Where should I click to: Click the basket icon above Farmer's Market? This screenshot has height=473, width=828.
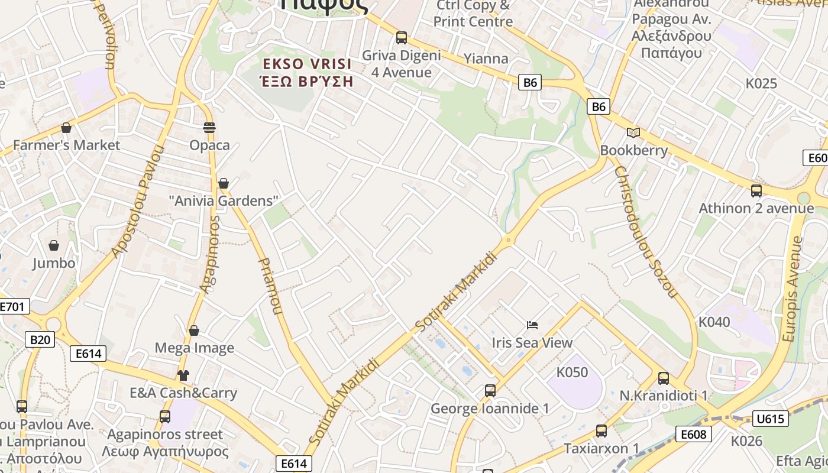[66, 128]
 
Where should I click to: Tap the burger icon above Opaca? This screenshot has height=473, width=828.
[209, 127]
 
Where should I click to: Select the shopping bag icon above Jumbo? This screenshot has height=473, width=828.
[54, 245]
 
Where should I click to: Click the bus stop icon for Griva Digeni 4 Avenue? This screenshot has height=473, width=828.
[402, 38]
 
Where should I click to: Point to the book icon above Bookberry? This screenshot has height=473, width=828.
[633, 132]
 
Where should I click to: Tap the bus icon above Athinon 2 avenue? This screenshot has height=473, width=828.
[756, 190]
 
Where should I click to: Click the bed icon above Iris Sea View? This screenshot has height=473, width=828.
[532, 325]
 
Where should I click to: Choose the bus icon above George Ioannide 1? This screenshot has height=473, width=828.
[490, 390]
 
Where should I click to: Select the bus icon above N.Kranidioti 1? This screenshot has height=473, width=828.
[664, 378]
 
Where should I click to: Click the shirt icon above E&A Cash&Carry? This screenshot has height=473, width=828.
[183, 375]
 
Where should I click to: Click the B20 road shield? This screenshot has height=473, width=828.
[40, 339]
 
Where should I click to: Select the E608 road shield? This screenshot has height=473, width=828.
[693, 435]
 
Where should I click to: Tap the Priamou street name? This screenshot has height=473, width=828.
[270, 285]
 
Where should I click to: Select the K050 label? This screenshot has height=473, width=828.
[573, 372]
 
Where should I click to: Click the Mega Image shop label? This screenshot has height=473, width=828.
[195, 348]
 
